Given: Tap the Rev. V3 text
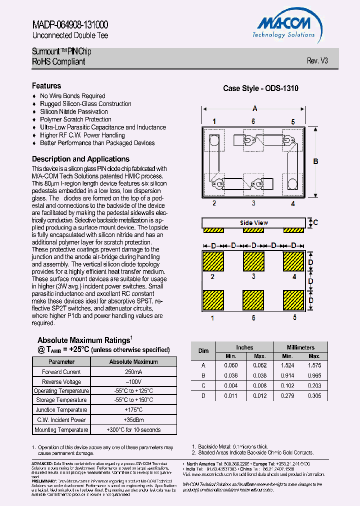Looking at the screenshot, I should (x=317, y=60).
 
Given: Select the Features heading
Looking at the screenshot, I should (x=46, y=86).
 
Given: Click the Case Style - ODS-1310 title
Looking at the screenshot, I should (x=260, y=88).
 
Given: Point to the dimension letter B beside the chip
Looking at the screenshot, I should (x=315, y=161).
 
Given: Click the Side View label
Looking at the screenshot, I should (x=254, y=223).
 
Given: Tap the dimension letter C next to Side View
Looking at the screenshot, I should (x=315, y=223).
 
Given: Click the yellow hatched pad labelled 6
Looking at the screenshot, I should (x=253, y=301).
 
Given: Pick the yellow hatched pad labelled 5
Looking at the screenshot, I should (x=293, y=301).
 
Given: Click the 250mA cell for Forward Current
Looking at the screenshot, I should (x=133, y=372).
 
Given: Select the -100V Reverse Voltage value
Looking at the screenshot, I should (x=133, y=381).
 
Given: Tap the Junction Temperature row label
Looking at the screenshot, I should (x=61, y=410).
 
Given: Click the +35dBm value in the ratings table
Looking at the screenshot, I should (x=133, y=420).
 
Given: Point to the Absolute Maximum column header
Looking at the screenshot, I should (x=133, y=361).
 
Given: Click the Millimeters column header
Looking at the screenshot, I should (x=300, y=347).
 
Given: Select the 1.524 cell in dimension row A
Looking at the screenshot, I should (x=287, y=365).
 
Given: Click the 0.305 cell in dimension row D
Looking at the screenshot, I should (x=314, y=395).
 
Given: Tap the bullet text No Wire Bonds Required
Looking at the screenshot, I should (x=72, y=96).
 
